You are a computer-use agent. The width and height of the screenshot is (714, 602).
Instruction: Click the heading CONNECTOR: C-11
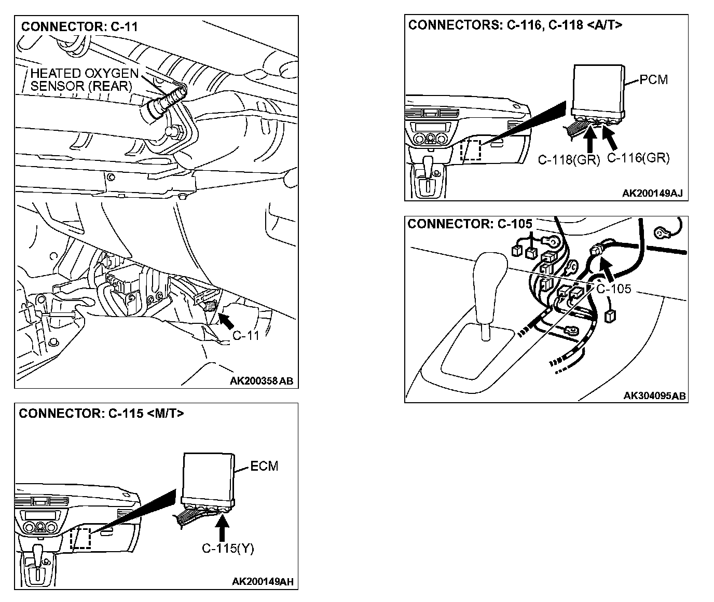click(79, 26)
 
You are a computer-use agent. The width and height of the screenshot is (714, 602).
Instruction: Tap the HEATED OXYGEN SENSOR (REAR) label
click(84, 80)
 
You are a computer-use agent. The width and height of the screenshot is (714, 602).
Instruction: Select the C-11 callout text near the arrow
click(245, 335)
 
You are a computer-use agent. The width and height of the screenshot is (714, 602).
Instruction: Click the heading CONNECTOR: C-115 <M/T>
click(101, 414)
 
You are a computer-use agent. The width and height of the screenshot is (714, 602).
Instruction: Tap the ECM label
click(264, 466)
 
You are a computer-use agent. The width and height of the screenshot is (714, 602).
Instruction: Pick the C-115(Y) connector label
click(228, 549)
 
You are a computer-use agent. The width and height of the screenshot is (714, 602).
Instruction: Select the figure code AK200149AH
click(263, 582)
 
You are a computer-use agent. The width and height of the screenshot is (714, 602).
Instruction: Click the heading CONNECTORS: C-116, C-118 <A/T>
click(515, 25)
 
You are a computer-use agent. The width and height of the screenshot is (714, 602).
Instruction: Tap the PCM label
click(653, 80)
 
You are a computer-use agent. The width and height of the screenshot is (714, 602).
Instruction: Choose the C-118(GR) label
click(568, 160)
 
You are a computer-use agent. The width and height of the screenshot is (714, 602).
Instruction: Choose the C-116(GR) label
click(638, 158)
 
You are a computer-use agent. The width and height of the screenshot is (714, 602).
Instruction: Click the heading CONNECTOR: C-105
click(470, 224)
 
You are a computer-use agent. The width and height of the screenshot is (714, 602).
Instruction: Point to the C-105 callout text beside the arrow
click(614, 289)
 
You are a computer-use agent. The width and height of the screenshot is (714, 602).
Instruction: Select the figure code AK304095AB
click(655, 395)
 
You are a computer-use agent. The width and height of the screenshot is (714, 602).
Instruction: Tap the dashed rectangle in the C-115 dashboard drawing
click(80, 538)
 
